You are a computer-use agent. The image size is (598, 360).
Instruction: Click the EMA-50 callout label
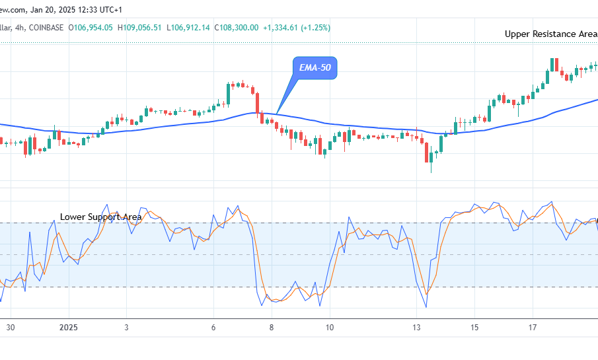tap(315, 68)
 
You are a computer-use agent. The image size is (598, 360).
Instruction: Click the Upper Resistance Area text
tap(551, 34)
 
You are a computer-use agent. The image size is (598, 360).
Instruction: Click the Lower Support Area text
tap(101, 217)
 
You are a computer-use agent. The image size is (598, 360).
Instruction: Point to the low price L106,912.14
tap(189, 27)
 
